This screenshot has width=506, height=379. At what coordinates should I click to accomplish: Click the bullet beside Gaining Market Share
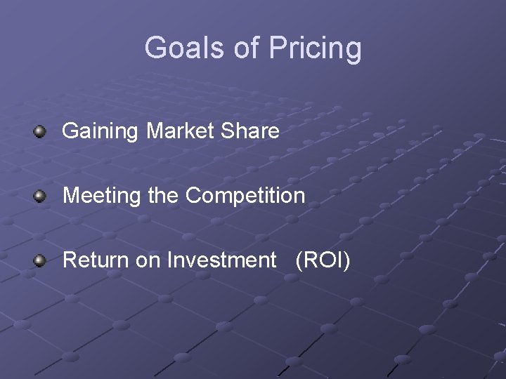pyautogui.click(x=41, y=131)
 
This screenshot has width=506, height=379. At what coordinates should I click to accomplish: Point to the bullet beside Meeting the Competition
pyautogui.click(x=41, y=196)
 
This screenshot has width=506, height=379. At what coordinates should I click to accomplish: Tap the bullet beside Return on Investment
pyautogui.click(x=41, y=261)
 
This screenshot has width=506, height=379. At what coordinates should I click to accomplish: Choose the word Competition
pyautogui.click(x=245, y=197)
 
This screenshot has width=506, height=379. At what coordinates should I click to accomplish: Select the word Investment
pyautogui.click(x=222, y=260)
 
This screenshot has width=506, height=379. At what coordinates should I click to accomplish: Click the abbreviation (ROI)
pyautogui.click(x=323, y=261)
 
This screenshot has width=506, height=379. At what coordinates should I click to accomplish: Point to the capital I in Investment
pyautogui.click(x=169, y=260)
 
